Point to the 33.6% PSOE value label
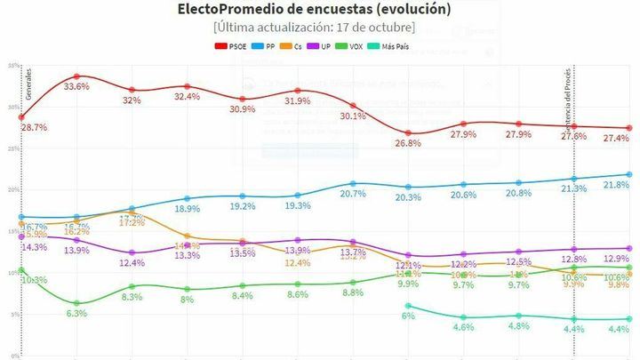pyautogui.click(x=77, y=87)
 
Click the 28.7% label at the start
pyautogui.click(x=34, y=129)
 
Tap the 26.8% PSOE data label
pyautogui.click(x=407, y=144)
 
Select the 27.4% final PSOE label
pyautogui.click(x=615, y=139)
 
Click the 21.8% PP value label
pyautogui.click(x=615, y=185)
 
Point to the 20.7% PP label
pyautogui.click(x=353, y=194)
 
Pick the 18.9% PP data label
pyautogui.click(x=187, y=209)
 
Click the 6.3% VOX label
pyautogui.click(x=77, y=314)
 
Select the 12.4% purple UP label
pyautogui.click(x=132, y=263)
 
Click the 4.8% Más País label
pyautogui.click(x=518, y=326)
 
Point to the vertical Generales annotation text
pyautogui.click(x=28, y=83)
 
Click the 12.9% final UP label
pyautogui.click(x=615, y=259)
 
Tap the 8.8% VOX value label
pyautogui.click(x=353, y=292)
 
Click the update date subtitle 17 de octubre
pyautogui.click(x=319, y=27)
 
